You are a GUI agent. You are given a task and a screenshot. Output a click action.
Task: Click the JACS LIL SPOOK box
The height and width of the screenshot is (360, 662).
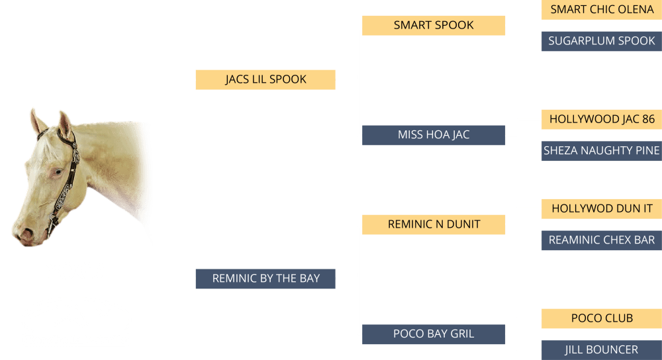[x=265, y=79]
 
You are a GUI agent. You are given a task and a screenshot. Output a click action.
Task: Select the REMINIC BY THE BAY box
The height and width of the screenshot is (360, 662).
[x=265, y=279]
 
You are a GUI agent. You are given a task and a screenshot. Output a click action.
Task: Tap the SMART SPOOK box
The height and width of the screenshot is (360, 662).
[x=434, y=25]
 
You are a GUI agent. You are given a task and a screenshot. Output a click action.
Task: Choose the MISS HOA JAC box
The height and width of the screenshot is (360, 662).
[x=434, y=135]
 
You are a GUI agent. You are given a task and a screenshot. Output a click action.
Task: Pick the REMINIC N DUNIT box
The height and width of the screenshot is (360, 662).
[x=434, y=224]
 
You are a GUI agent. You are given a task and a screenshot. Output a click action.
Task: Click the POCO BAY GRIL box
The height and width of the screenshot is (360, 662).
[x=434, y=334]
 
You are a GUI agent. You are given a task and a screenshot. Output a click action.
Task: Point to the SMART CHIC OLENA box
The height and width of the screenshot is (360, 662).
[x=601, y=9]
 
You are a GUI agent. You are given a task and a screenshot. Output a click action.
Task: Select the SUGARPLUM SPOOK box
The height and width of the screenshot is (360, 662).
[x=601, y=41]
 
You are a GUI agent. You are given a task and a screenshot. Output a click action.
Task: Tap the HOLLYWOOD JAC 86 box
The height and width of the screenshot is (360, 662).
[x=601, y=119]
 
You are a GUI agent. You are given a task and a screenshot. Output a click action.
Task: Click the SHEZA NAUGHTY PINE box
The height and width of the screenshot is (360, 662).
[x=601, y=151]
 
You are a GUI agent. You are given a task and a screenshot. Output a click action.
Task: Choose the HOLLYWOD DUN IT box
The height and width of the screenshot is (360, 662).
[x=601, y=208]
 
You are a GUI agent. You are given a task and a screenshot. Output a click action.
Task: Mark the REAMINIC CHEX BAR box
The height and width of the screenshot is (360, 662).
[x=601, y=240]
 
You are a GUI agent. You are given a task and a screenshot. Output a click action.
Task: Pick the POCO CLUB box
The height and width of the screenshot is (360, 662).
[x=601, y=318]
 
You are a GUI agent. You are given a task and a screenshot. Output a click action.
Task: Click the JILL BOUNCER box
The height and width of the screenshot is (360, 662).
[x=601, y=350]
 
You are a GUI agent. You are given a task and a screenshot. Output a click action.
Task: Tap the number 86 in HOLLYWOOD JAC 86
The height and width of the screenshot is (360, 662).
[x=647, y=119]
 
